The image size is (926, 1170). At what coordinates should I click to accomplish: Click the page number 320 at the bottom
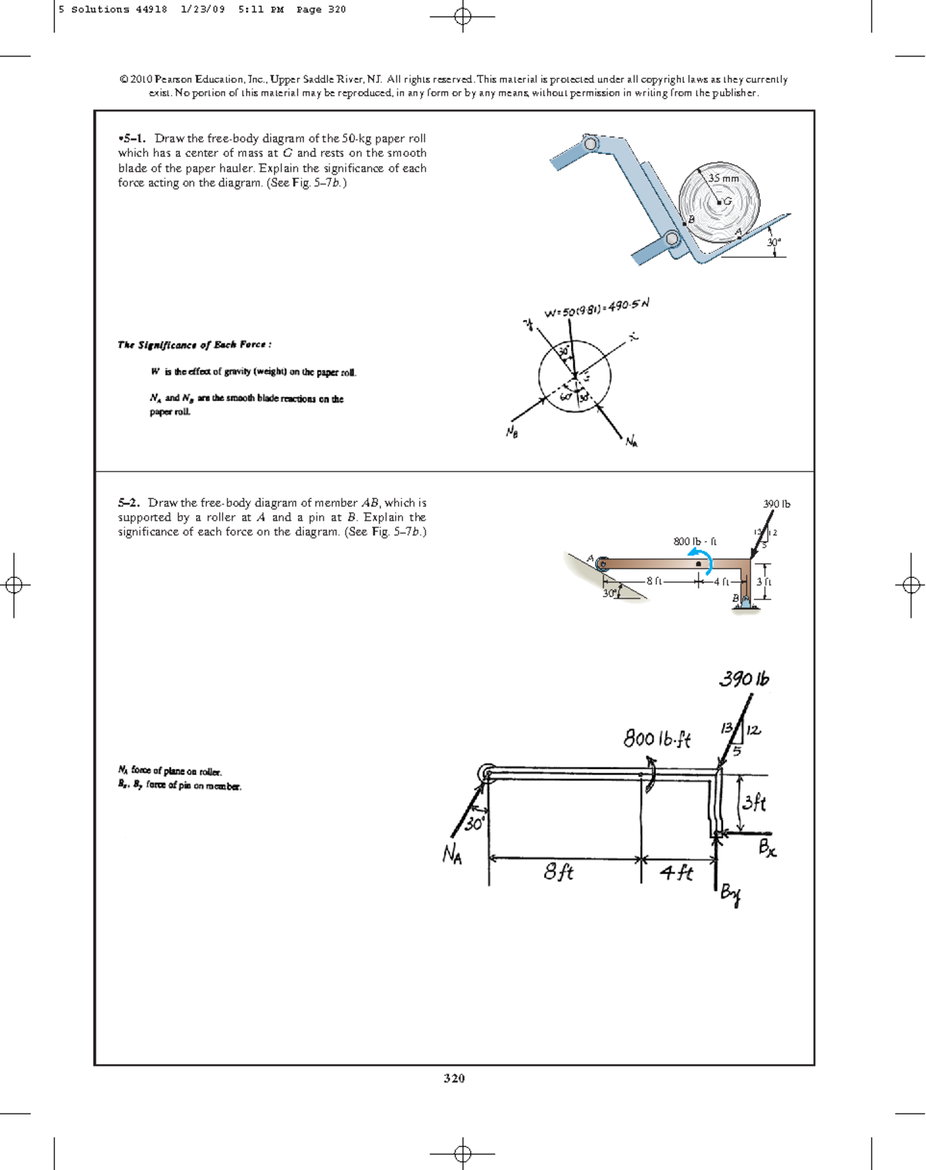coord(454,1078)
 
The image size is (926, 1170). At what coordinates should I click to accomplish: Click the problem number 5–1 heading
coord(133,139)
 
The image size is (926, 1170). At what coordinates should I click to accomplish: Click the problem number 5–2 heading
coord(129,503)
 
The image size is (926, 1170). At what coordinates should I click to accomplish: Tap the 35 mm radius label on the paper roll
coord(724,178)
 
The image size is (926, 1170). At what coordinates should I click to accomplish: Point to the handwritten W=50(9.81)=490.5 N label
coord(596,309)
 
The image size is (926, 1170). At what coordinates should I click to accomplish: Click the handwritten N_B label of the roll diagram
coord(512,432)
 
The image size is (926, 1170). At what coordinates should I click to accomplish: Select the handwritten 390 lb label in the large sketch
coord(744,679)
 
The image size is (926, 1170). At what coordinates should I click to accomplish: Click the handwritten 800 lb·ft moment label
coord(657,739)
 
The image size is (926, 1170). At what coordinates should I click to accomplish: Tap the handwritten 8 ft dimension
coord(559,872)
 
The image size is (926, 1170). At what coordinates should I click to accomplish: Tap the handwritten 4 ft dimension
coord(677,873)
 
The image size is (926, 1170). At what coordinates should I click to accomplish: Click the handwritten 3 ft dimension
coord(754,803)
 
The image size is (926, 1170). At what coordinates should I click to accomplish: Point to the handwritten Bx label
coord(767,848)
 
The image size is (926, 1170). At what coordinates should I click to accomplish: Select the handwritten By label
coord(730,894)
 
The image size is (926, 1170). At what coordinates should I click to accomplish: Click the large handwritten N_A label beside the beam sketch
coord(452,854)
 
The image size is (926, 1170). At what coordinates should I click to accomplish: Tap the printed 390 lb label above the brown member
coord(776,504)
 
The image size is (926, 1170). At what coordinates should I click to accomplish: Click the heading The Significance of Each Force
coord(194,345)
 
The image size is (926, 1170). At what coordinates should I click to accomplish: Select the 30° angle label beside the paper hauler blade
coord(774,242)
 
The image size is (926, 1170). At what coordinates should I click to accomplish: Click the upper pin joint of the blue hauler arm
coord(590,143)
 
